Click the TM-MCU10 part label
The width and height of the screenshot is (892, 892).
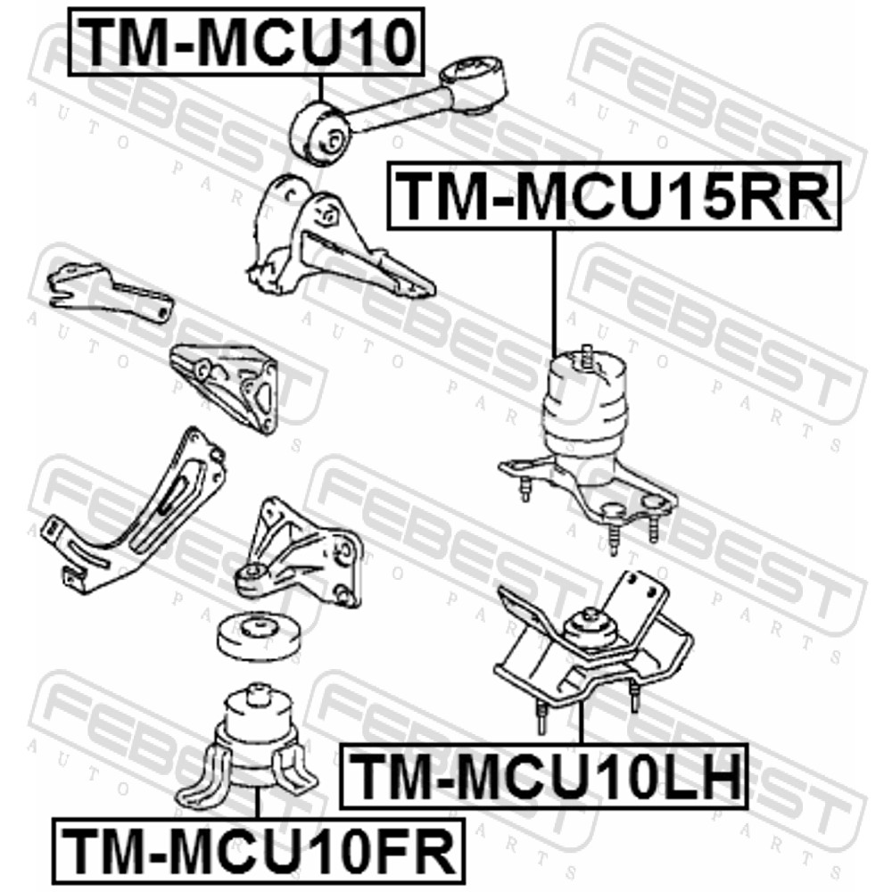[x=246, y=42]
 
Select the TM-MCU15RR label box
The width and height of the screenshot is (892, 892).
[x=614, y=196]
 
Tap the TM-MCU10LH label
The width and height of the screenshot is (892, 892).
[x=543, y=776]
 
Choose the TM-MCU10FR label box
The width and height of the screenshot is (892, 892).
[x=259, y=850]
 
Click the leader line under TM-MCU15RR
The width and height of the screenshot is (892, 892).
[x=554, y=293]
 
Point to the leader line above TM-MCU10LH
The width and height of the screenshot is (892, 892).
[x=581, y=723]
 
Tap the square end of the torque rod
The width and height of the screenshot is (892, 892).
[x=474, y=83]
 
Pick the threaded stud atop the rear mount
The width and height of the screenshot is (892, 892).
[x=587, y=357]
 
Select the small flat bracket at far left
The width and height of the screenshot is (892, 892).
[x=110, y=290]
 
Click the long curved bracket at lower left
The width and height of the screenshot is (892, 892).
[x=136, y=512]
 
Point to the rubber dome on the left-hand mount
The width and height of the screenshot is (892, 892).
[x=591, y=627]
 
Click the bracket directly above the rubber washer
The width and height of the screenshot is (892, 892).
[x=300, y=553]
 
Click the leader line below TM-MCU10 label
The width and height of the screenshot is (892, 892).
[x=321, y=89]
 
